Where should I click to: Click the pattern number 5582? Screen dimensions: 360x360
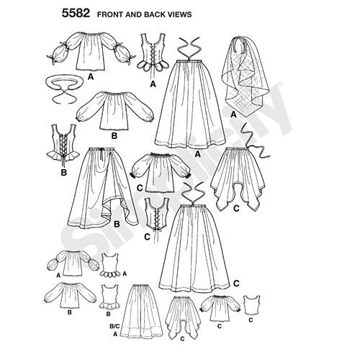[76, 14]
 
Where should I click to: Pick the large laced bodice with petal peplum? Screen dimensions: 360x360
[153, 53]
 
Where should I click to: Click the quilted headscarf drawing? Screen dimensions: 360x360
[245, 76]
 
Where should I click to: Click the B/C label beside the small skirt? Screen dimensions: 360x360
[114, 326]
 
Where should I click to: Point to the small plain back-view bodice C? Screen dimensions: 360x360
[252, 305]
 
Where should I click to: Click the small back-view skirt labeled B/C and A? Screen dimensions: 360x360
[142, 312]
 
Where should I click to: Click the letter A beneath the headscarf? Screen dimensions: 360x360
[233, 114]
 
